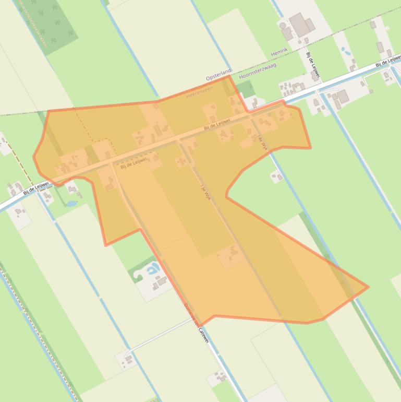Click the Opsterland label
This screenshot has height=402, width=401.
coord(218,77)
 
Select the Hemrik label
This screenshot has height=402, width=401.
coord(280,53)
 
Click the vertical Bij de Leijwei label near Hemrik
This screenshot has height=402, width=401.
coord(312,64)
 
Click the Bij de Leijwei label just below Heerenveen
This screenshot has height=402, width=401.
coord(217,124)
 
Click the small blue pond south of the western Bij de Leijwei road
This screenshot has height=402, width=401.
coord(72,203)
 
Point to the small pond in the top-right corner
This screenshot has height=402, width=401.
coord(344,51)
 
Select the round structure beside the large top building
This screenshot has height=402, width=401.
coord(283,25)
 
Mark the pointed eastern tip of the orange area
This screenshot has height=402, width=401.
coord(368,287)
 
